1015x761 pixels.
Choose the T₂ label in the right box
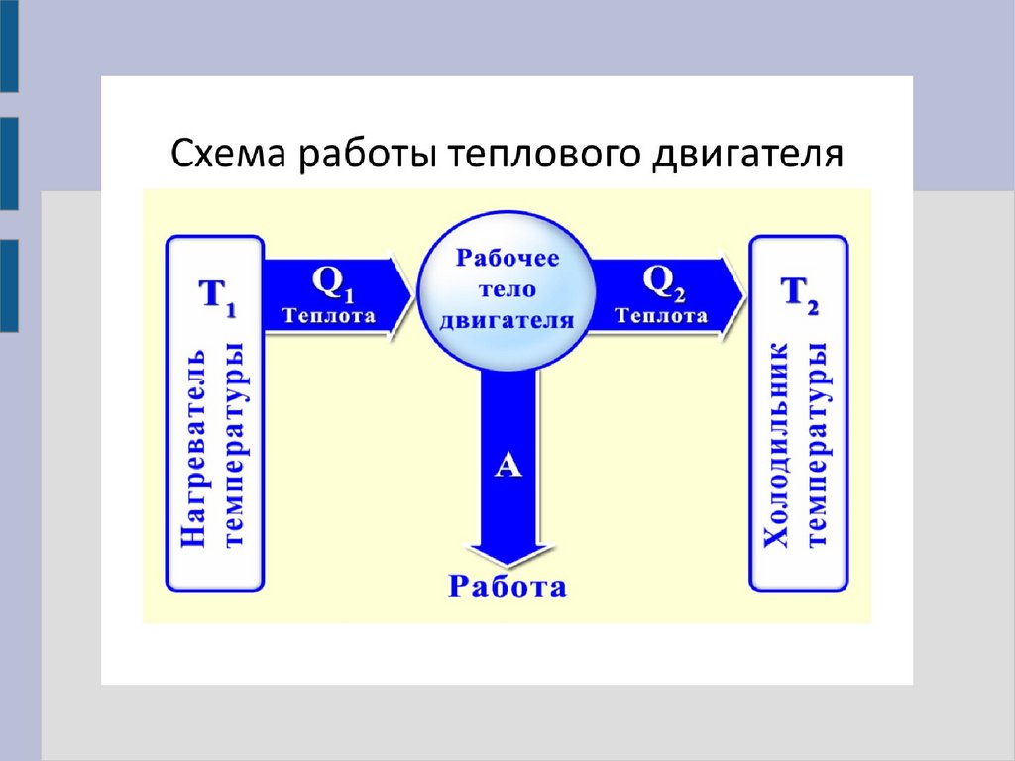point(799,294)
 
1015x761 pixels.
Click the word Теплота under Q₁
point(329,317)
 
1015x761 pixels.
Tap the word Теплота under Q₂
point(661,317)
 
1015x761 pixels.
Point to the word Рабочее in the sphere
point(507,259)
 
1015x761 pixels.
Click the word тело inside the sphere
point(507,289)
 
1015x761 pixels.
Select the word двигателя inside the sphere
point(507,320)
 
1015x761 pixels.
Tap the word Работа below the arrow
point(507,587)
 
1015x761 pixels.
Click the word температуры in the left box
point(235,447)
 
